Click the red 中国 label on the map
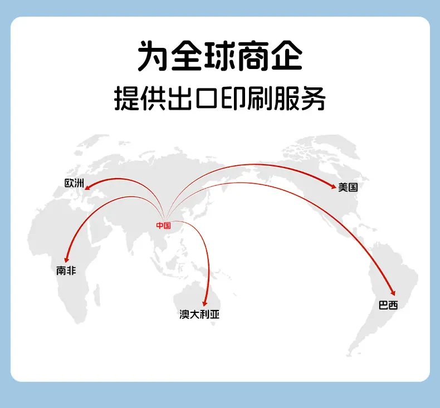163,225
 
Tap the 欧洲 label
75,183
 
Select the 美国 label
348,187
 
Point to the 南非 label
66,271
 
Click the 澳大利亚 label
199,314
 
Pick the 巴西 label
388,305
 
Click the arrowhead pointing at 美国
334,186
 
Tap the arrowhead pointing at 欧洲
87,187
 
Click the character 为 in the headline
153,56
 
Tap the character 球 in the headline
219,56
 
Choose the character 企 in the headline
286,56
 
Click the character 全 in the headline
186,56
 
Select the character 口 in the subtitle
207,99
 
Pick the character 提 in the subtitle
126,99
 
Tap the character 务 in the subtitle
314,99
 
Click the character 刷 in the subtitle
260,99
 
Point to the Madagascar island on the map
97,295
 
